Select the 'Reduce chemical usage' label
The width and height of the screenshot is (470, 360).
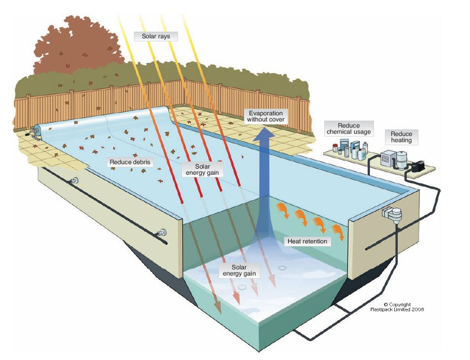pos(349,128)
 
